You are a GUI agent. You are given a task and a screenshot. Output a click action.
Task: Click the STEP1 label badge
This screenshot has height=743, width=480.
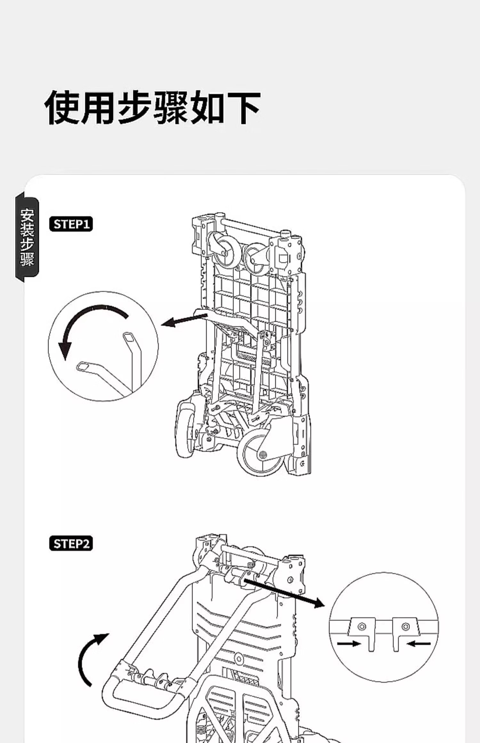71,224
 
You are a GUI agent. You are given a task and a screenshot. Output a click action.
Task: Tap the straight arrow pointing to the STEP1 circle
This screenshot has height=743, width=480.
184,320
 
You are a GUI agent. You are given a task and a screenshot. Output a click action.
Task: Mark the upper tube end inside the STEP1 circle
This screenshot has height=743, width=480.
129,337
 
